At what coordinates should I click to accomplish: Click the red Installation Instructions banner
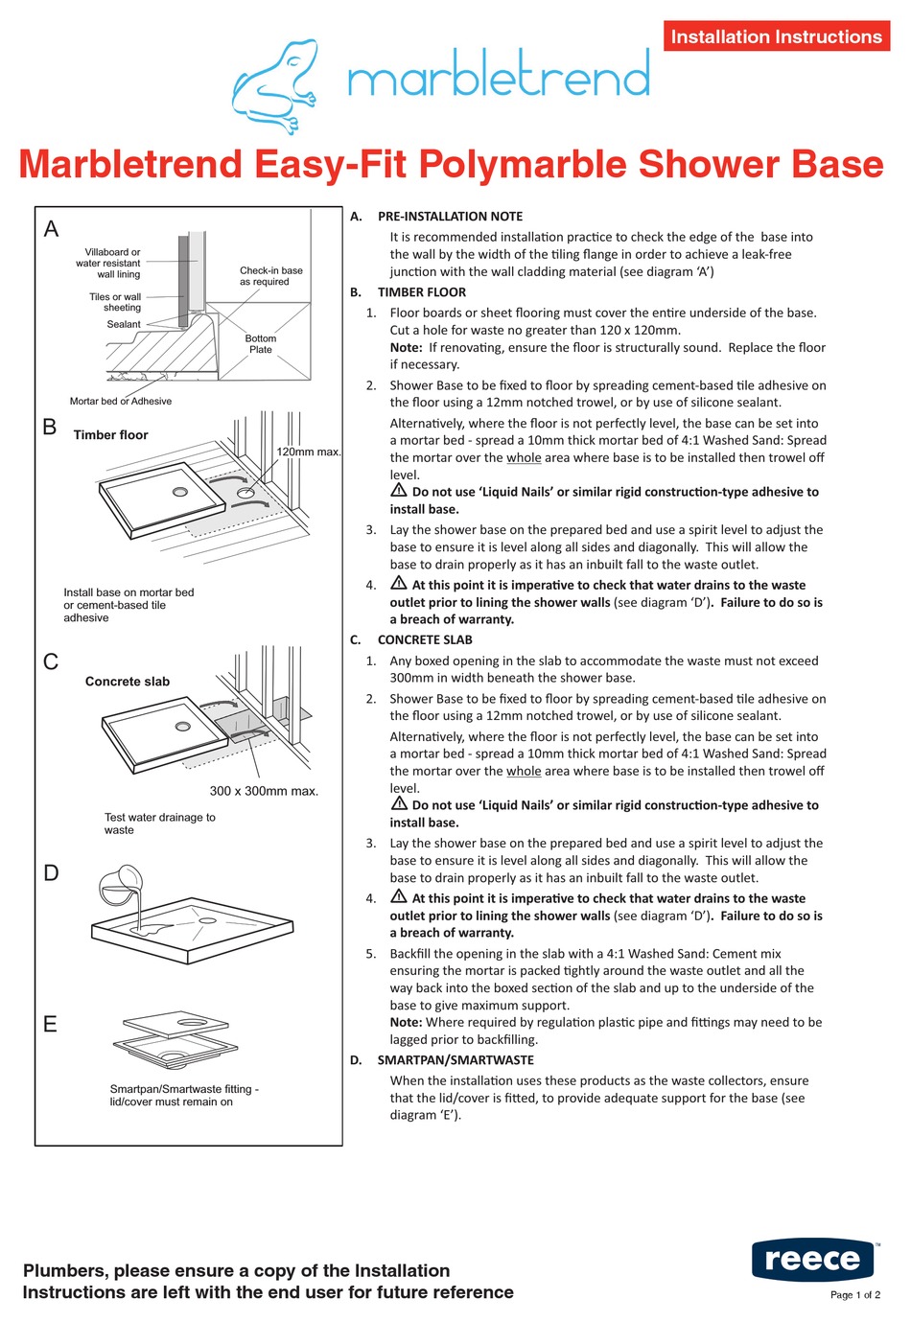[776, 36]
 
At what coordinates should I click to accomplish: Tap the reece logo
[812, 1259]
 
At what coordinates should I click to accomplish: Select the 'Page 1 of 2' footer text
[854, 1295]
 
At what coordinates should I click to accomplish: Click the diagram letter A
[52, 229]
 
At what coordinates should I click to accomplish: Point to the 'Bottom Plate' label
[260, 344]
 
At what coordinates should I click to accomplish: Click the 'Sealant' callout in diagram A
[124, 324]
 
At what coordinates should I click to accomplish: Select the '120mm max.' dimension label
[309, 452]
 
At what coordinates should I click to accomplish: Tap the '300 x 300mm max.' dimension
[264, 791]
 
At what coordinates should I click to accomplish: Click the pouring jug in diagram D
[120, 886]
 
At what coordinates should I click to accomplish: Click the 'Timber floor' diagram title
[110, 435]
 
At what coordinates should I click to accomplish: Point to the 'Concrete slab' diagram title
[127, 682]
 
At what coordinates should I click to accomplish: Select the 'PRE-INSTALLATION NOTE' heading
[450, 217]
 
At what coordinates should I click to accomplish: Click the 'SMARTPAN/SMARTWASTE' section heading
[455, 1060]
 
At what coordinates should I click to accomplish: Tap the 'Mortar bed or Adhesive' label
[121, 402]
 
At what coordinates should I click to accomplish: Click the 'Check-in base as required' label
[270, 276]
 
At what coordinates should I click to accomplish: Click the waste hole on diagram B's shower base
[180, 492]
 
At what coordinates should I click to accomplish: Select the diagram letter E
[51, 1025]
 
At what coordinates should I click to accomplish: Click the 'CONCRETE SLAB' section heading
[425, 639]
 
